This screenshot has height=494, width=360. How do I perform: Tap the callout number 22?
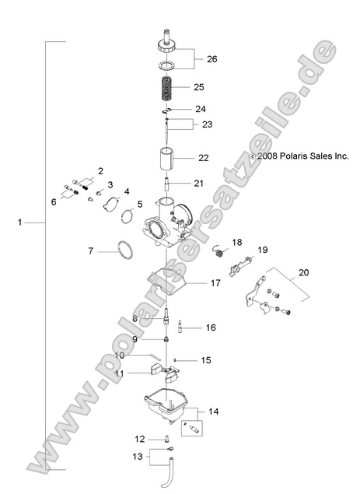(204, 158)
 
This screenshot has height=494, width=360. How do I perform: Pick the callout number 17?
(215, 283)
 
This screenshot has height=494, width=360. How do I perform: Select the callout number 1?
(19, 222)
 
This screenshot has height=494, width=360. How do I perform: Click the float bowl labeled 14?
(167, 405)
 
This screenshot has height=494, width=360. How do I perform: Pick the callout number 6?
(54, 201)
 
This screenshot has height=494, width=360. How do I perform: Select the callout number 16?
(210, 328)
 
